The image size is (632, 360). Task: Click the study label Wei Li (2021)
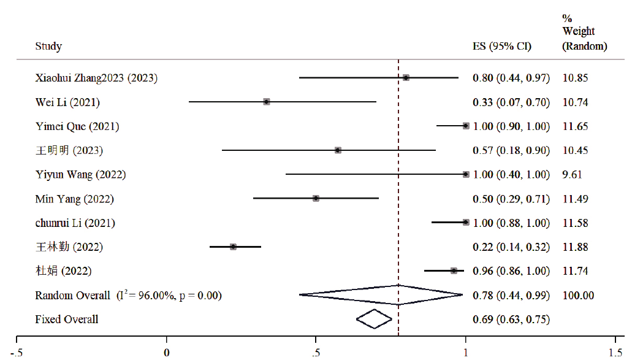coord(67,102)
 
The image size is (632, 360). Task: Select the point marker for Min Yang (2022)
coord(316,198)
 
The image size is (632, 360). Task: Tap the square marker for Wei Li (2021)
coord(267,102)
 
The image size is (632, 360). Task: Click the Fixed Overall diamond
coord(374,319)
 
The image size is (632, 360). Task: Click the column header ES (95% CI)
coord(501,47)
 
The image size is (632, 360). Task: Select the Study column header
coord(48,47)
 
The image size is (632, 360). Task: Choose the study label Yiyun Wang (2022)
coord(80,174)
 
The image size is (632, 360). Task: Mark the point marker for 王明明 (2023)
coord(338,150)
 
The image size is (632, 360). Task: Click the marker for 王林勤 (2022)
coord(233,247)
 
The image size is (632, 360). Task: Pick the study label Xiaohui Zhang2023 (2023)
coord(96,78)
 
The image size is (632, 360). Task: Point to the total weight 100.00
coord(578,295)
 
